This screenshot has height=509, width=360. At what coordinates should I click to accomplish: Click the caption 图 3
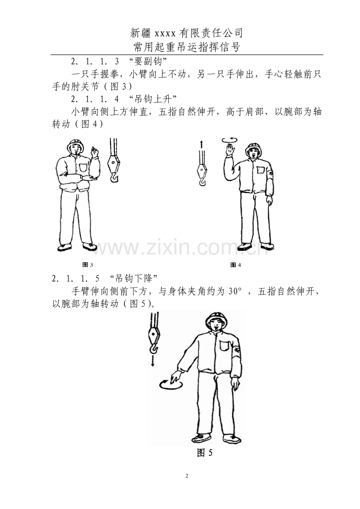coord(88,265)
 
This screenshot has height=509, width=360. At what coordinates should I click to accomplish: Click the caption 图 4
coord(236,265)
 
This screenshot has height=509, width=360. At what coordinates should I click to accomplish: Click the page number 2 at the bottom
coord(187,476)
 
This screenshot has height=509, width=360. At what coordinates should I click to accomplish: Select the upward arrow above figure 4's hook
coord(201,145)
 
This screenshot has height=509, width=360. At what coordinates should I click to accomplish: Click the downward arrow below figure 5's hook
coord(153,361)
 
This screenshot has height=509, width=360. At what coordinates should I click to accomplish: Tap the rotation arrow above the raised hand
coord(230,140)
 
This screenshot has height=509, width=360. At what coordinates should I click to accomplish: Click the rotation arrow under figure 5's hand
coord(171,384)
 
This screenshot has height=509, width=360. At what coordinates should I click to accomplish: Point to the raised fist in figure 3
coord(94,152)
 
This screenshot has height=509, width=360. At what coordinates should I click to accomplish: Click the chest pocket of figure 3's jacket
coord(83,167)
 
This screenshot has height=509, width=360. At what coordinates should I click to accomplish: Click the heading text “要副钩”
coord(148,61)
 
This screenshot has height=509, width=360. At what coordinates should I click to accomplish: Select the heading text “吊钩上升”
coord(153,99)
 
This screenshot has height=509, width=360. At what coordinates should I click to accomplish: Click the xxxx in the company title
coord(165,34)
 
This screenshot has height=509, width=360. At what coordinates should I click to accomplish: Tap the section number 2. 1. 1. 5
coord(76,278)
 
